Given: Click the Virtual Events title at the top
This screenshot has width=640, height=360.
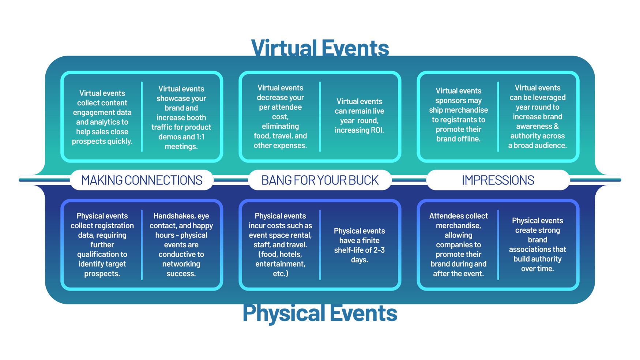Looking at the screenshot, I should pos(320,48).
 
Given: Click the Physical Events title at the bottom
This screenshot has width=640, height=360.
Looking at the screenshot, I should pos(320,314).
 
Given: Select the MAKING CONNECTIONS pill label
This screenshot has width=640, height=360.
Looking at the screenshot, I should pos(142,180).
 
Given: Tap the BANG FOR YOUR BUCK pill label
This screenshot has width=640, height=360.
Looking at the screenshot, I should pos(320,180).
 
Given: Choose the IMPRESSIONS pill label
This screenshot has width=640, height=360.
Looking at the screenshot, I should pos(498,180).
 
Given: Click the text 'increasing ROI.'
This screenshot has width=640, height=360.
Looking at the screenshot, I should pos(359,130).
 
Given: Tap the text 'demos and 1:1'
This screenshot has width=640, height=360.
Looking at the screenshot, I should pos(181,137).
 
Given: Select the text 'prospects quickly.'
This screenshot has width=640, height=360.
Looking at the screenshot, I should pos(102,141).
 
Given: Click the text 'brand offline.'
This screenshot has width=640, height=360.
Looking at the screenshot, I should pos(458,139).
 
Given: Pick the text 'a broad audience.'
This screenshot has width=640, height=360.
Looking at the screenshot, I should pos(537,145).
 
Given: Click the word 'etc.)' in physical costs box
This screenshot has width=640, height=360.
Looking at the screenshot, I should pos(281,273).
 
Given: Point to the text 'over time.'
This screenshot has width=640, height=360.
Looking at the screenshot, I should pos(537,269).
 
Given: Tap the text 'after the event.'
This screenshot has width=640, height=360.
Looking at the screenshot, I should pos(458,273).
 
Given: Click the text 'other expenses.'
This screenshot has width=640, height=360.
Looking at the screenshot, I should pos(280,145).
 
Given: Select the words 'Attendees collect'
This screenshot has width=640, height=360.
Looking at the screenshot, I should pos(458,216).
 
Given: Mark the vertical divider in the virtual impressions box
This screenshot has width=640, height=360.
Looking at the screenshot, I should pos(498,116).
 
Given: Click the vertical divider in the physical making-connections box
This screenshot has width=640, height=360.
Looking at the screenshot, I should pos(142,244).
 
